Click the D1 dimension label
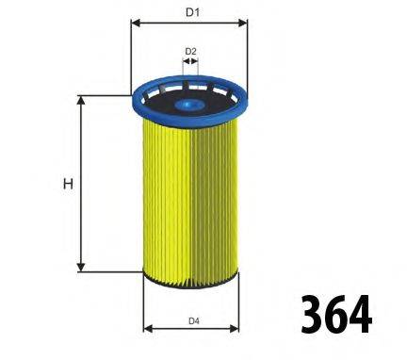191,12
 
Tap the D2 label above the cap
190,51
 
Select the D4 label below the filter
192,321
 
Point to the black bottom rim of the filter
191,279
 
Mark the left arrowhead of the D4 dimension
147,330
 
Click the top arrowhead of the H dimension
82,100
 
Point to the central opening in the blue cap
189,87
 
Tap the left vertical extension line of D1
130,57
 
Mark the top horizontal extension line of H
104,95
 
